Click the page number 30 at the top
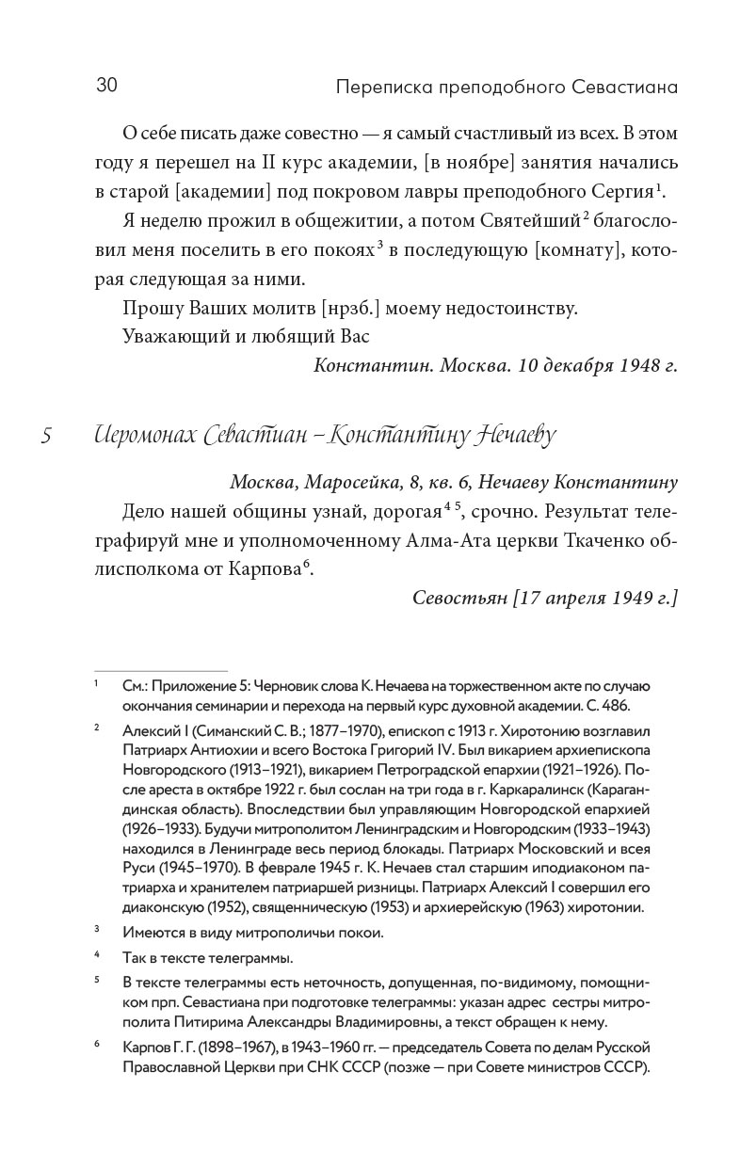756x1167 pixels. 106,87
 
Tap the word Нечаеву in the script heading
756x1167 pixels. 510,437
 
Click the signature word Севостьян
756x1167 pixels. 456,599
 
